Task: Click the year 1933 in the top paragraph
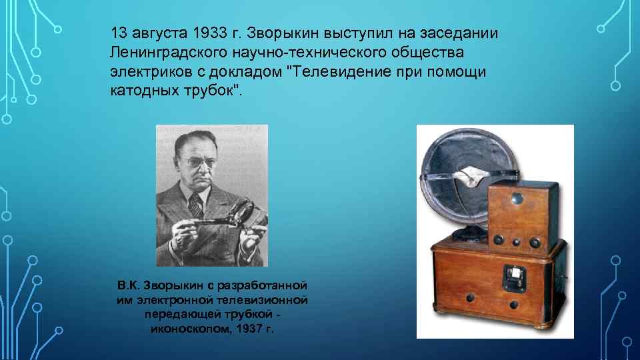pyautogui.click(x=209, y=33)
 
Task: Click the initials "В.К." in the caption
pyautogui.click(x=129, y=287)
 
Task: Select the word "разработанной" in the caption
pyautogui.click(x=265, y=287)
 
